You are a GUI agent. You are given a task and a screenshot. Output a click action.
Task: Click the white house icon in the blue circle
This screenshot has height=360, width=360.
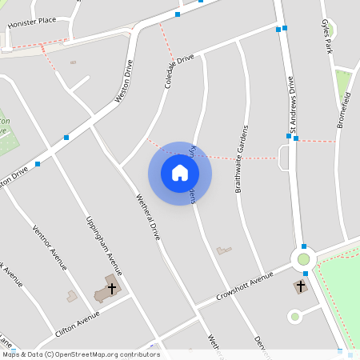point(180,173)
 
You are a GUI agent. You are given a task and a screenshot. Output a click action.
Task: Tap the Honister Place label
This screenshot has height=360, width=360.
point(32,22)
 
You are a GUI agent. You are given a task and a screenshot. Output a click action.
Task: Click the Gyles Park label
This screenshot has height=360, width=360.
point(326,37)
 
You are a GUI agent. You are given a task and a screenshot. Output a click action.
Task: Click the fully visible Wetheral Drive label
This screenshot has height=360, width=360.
point(148,217)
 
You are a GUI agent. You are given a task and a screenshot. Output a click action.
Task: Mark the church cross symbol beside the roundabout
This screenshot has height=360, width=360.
point(301,286)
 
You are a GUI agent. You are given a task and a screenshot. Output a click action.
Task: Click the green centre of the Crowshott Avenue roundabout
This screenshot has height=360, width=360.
point(303,258)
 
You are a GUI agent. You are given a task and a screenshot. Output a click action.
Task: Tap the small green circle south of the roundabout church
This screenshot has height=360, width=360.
point(294,317)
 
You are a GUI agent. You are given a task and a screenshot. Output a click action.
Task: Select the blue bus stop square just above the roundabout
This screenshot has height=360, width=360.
point(304,246)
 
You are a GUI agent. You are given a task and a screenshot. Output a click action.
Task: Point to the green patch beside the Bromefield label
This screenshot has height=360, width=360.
point(343,82)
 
